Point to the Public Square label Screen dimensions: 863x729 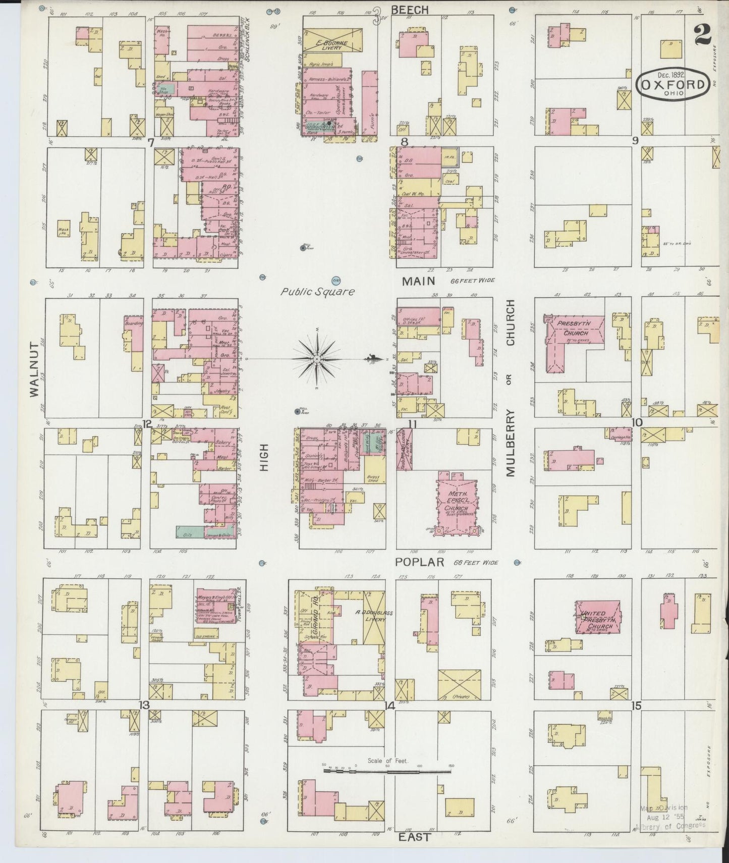pos(317,291)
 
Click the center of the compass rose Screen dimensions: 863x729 pos(316,358)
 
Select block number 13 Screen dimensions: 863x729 pos(145,706)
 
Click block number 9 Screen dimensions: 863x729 pos(635,140)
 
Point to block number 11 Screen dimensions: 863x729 pos(412,424)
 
